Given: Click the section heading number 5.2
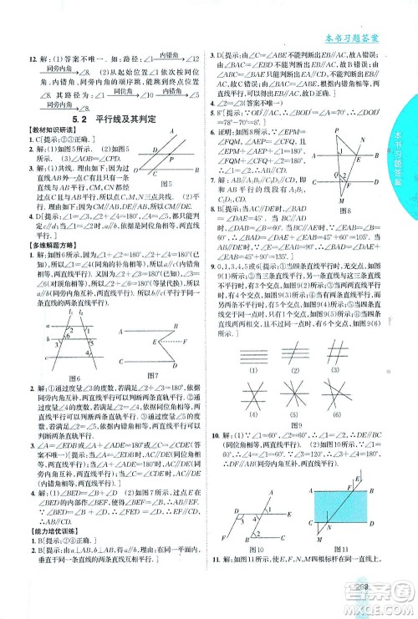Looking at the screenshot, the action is coord(79,120).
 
